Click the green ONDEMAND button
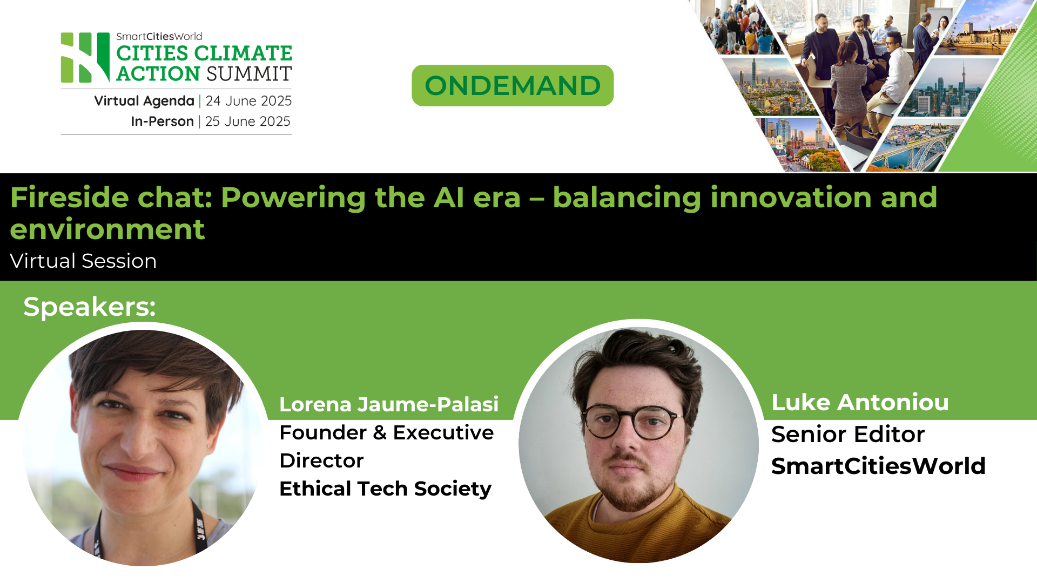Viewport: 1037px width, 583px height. point(512,86)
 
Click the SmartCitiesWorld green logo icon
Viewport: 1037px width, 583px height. point(85,57)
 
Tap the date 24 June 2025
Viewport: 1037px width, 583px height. point(248,101)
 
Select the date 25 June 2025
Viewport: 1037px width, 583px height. point(247,121)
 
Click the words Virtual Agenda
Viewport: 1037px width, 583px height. point(144,101)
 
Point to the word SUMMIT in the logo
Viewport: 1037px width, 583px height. point(248,74)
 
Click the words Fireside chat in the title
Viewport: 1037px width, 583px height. point(111,198)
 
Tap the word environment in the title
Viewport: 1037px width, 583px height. point(107,229)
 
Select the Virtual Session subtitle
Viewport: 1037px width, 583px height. point(83,261)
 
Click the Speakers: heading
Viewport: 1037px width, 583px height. point(89,307)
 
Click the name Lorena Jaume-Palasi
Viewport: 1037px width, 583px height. point(388,404)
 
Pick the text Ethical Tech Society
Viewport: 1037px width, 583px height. point(385,489)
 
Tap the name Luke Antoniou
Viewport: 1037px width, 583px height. point(859,403)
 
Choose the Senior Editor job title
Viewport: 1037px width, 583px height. point(847,435)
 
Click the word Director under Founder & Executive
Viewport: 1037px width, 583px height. point(321,461)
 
